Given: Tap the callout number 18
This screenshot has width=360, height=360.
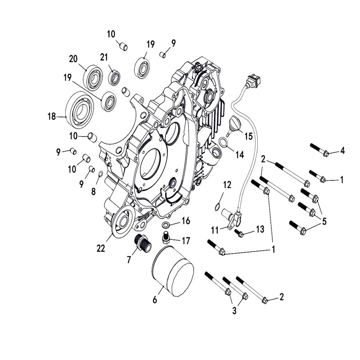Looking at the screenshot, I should [x=51, y=117].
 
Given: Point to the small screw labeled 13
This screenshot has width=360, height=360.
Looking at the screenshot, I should [x=240, y=233].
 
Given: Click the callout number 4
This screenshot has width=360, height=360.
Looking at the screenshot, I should [x=342, y=151].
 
